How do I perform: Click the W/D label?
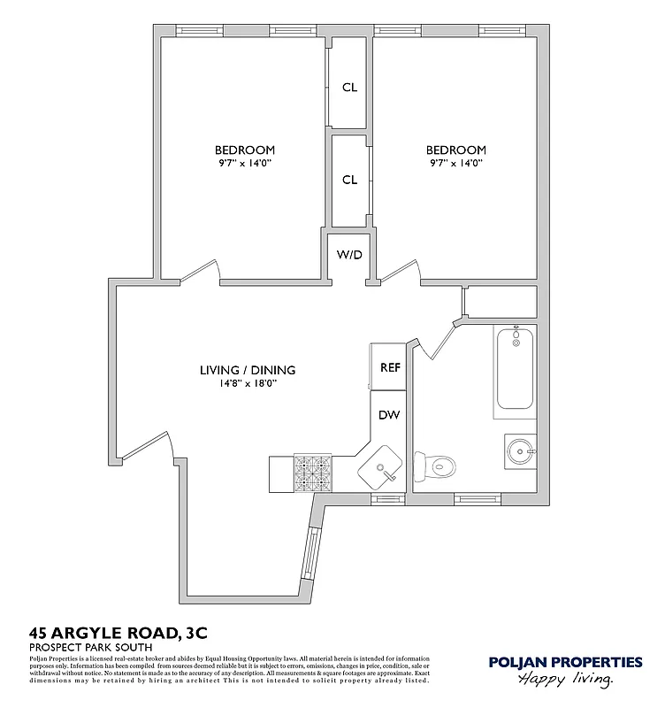[349, 255]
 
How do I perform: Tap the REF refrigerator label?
[390, 367]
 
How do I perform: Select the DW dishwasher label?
[389, 415]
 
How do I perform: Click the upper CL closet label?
[349, 87]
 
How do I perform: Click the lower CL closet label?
[349, 180]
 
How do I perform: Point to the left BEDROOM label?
[244, 150]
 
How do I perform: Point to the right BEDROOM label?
[456, 150]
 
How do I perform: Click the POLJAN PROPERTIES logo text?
[566, 661]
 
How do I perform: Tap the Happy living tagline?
[566, 680]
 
